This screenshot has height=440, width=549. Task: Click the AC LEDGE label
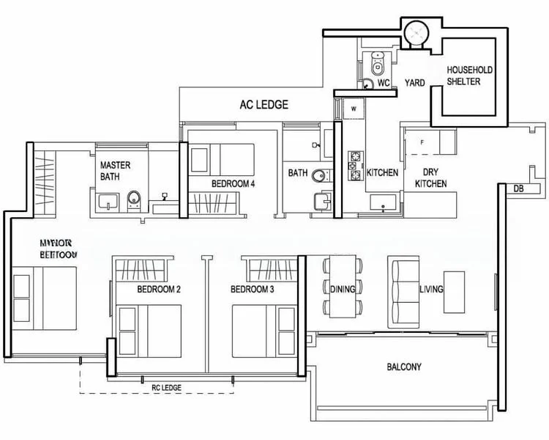tap(264, 105)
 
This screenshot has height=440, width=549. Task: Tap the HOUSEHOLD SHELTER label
tap(470, 76)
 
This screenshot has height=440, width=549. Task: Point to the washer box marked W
tap(353, 109)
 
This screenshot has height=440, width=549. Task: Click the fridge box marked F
tap(422, 140)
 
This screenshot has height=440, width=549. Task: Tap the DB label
tap(518, 189)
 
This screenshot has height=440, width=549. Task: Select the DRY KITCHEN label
tap(431, 178)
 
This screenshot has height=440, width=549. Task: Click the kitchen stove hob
tap(356, 165)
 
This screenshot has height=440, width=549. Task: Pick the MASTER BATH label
tap(115, 171)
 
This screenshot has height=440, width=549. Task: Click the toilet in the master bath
tap(133, 199)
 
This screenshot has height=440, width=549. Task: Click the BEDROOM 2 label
tap(159, 290)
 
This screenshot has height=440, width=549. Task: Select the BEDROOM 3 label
tap(253, 290)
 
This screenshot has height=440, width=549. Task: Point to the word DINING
tap(343, 289)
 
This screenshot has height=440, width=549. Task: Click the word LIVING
tap(431, 289)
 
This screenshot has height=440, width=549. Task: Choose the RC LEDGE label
tap(166, 387)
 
